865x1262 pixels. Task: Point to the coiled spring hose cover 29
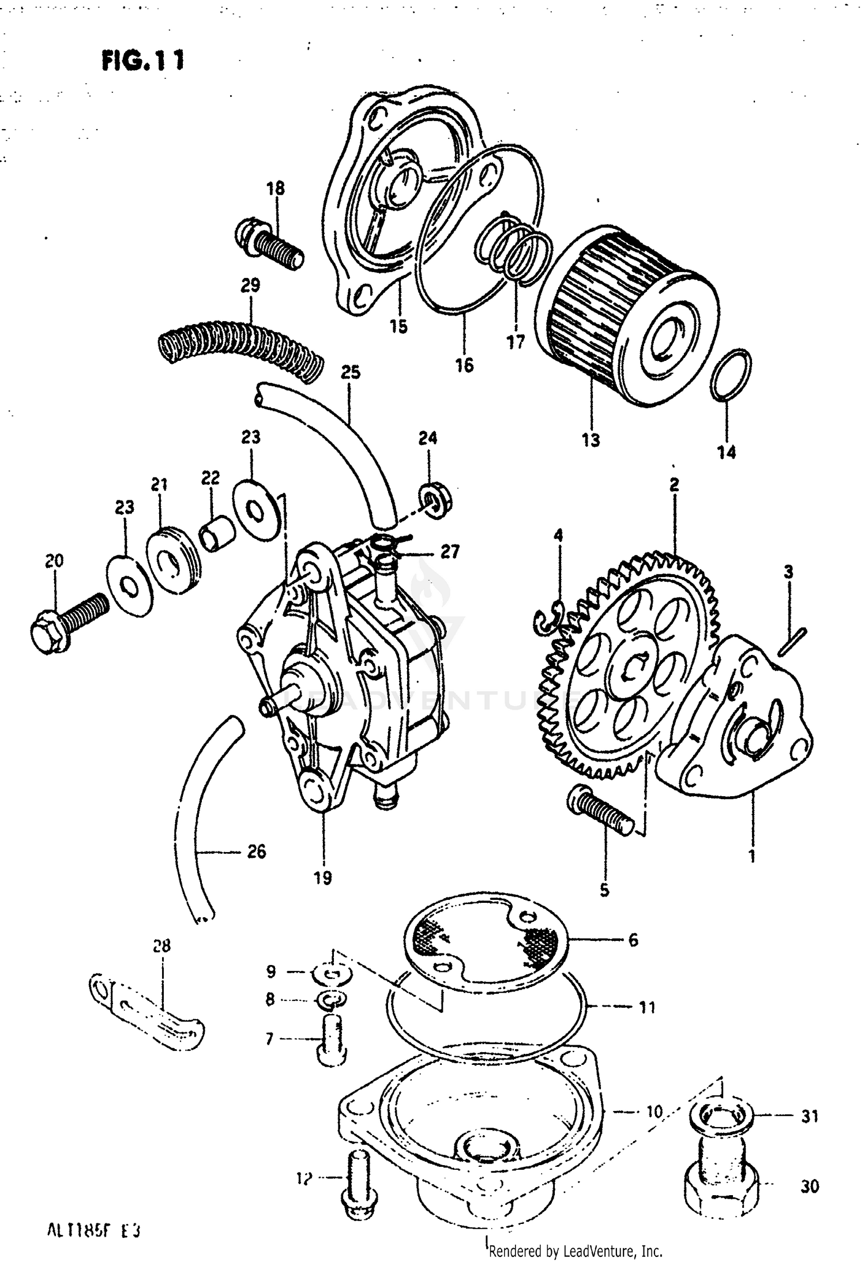pos(239,349)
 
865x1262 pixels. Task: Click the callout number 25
pos(350,373)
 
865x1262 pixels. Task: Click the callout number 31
pos(810,1117)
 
